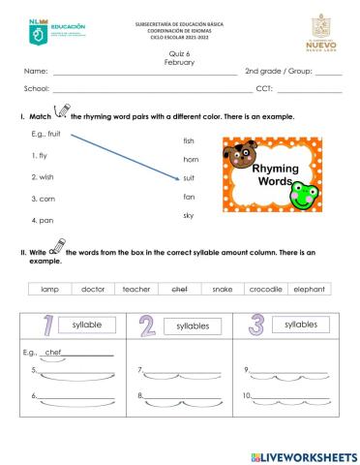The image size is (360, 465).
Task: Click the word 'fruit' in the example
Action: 54,134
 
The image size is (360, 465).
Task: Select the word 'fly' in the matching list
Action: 41,155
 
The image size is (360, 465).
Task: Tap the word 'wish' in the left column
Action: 44,177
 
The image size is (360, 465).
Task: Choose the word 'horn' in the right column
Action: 191,159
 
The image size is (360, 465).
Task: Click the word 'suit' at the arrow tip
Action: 189,178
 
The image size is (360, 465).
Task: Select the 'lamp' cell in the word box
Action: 49,289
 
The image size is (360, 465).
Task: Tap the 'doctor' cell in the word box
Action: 93,289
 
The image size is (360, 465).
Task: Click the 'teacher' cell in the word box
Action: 136,289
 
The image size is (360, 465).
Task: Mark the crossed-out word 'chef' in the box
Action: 180,289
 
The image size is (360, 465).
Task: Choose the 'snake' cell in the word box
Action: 223,289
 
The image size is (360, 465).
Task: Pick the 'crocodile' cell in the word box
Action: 265,289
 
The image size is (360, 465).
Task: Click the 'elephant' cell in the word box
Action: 309,289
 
